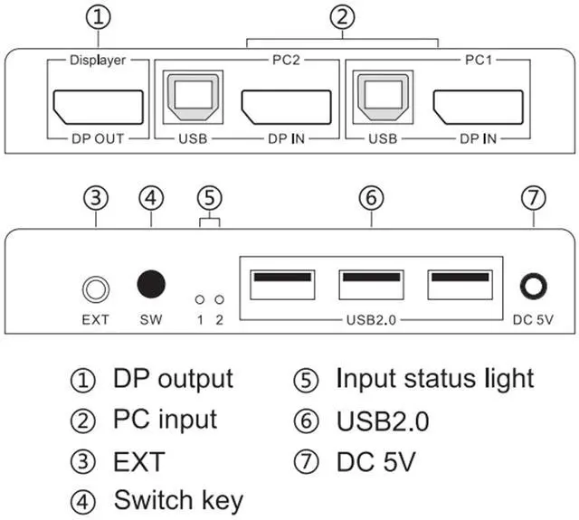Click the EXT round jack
(95, 289)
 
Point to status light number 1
(199, 298)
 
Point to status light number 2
(218, 298)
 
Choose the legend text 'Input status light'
(434, 378)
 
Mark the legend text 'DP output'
(172, 378)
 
